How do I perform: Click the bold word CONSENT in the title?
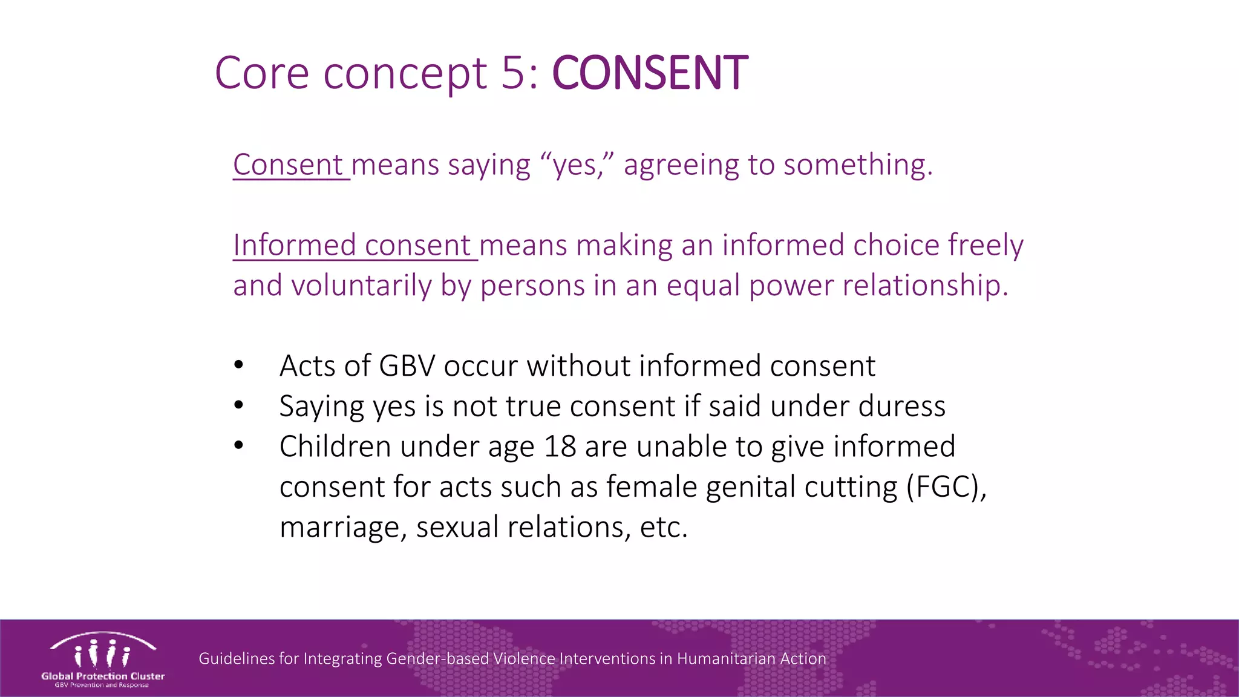650,73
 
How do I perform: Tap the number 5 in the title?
514,73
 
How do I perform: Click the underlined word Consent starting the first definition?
289,165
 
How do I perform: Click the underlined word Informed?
295,245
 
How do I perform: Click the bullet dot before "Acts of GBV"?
239,365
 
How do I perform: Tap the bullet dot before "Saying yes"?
239,405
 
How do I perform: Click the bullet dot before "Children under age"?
239,446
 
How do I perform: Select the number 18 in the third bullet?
560,447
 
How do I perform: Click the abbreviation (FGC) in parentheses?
946,487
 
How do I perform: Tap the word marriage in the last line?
342,527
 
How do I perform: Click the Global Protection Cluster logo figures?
102,653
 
